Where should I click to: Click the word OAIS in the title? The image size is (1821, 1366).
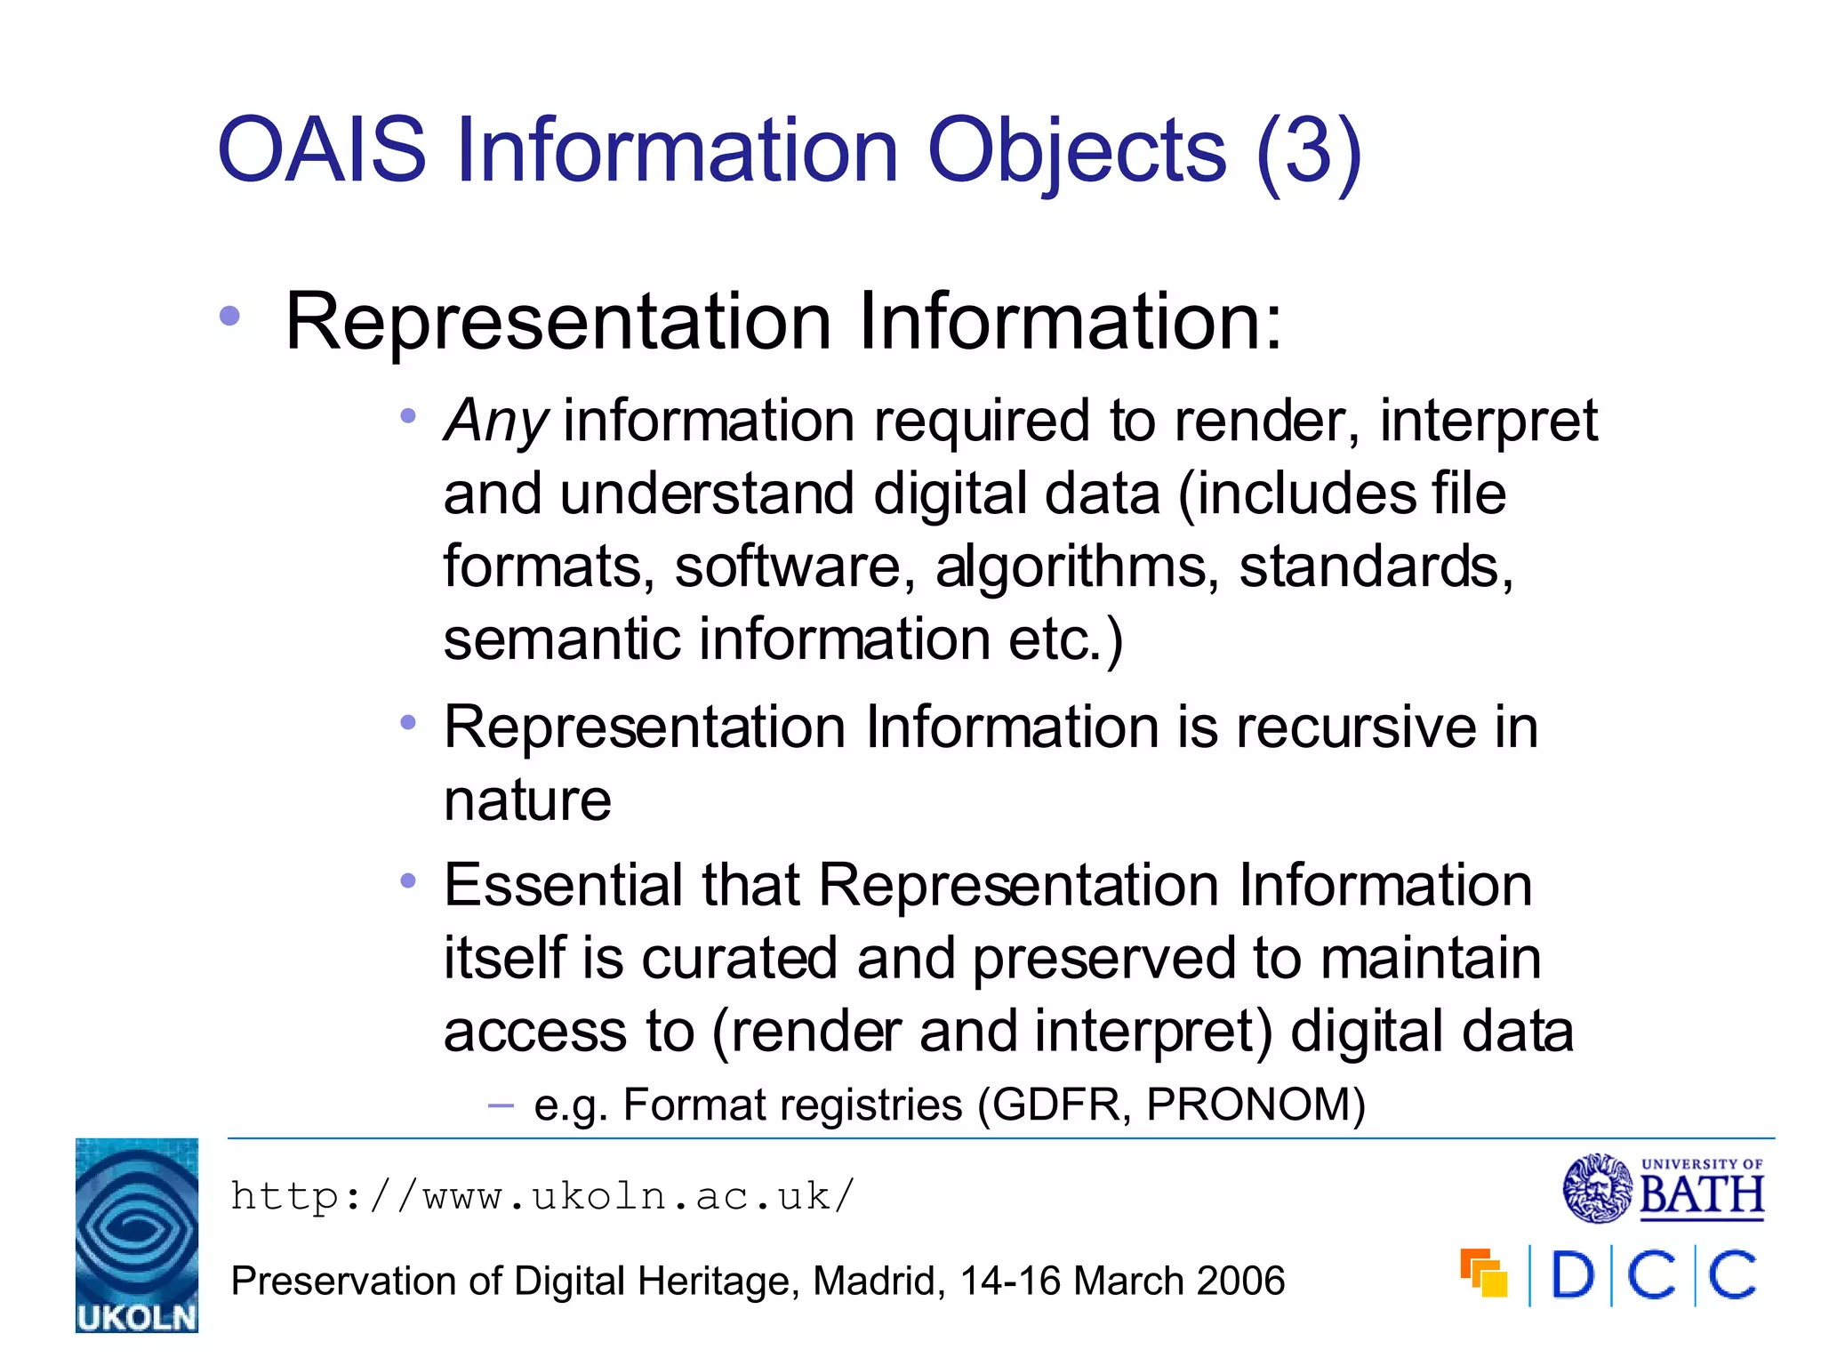[x=322, y=151]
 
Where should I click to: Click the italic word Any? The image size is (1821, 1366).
[x=496, y=422]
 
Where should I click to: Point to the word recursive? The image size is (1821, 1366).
[x=1355, y=727]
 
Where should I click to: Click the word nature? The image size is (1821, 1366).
[x=527, y=800]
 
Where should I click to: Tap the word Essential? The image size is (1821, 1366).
[x=563, y=886]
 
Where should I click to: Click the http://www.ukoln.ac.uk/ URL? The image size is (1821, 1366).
[x=542, y=1196]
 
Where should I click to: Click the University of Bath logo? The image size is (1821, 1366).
[x=1663, y=1188]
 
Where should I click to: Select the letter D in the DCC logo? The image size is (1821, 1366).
[x=1572, y=1276]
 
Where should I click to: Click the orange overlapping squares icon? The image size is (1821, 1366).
[x=1483, y=1274]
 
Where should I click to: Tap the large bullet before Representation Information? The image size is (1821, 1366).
[x=230, y=316]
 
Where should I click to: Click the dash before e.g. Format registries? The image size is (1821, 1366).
[x=501, y=1106]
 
